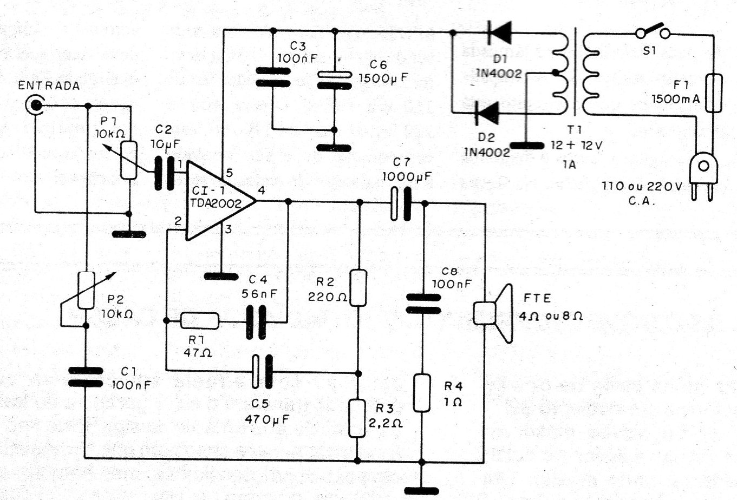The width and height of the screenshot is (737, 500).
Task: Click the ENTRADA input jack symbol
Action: (x=35, y=105)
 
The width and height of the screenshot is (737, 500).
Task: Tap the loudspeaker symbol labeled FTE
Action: (x=493, y=313)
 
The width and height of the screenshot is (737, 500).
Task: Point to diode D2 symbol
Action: (x=487, y=113)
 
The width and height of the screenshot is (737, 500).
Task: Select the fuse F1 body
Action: (x=714, y=93)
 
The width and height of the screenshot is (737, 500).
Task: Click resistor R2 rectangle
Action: (x=358, y=288)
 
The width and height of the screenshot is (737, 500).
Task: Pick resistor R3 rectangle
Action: (x=357, y=418)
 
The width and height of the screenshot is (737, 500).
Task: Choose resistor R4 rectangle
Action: (x=422, y=393)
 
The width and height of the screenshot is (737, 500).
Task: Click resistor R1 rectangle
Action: (x=200, y=321)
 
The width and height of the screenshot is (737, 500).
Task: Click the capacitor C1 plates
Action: (x=86, y=377)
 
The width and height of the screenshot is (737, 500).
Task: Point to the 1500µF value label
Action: (x=383, y=78)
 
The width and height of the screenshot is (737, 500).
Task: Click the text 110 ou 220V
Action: (x=642, y=186)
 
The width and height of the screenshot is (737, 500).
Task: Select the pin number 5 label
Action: (x=229, y=173)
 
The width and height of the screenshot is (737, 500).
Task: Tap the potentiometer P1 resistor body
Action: (x=129, y=160)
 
